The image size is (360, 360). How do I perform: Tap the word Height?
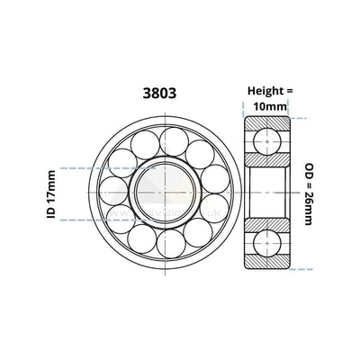(264, 90)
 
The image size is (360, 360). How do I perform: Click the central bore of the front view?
(161, 191)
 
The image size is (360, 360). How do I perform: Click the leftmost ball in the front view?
(112, 191)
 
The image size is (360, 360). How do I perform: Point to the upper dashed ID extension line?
(81, 168)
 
